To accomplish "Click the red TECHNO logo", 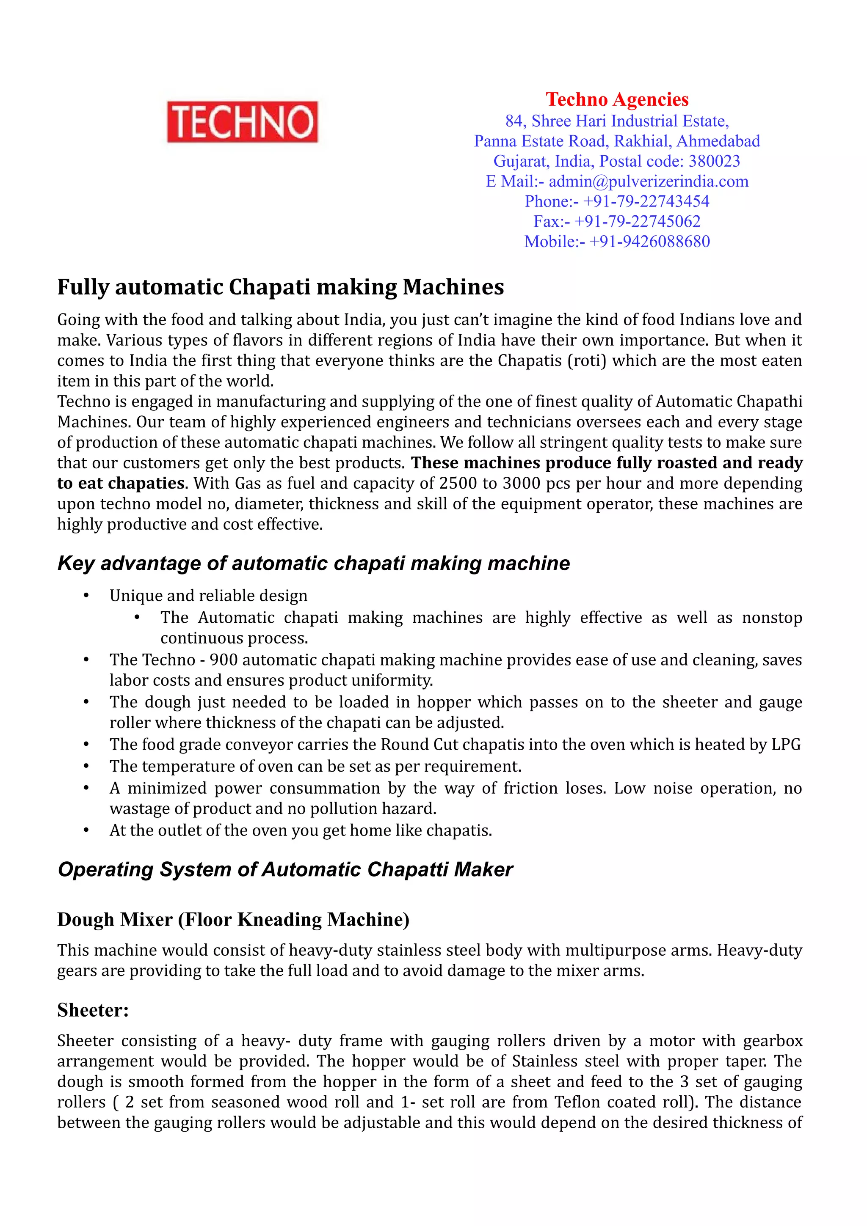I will pyautogui.click(x=242, y=122).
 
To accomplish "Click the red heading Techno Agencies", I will pyautogui.click(x=616, y=99).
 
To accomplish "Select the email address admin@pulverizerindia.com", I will pyautogui.click(x=648, y=181).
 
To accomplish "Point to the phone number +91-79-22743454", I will pyautogui.click(x=646, y=201).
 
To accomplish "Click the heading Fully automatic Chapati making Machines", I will pyautogui.click(x=280, y=287).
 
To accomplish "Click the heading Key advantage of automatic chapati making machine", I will pyautogui.click(x=314, y=564).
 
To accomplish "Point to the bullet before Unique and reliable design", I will pyautogui.click(x=86, y=596).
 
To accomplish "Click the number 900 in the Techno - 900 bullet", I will pyautogui.click(x=223, y=660).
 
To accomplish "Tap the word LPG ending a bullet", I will pyautogui.click(x=786, y=745).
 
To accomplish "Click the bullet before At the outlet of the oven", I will pyautogui.click(x=86, y=831).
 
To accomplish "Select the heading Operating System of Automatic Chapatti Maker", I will pyautogui.click(x=285, y=870).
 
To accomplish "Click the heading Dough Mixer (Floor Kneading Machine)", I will pyautogui.click(x=233, y=920).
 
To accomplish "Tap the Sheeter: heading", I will pyautogui.click(x=93, y=1010).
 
